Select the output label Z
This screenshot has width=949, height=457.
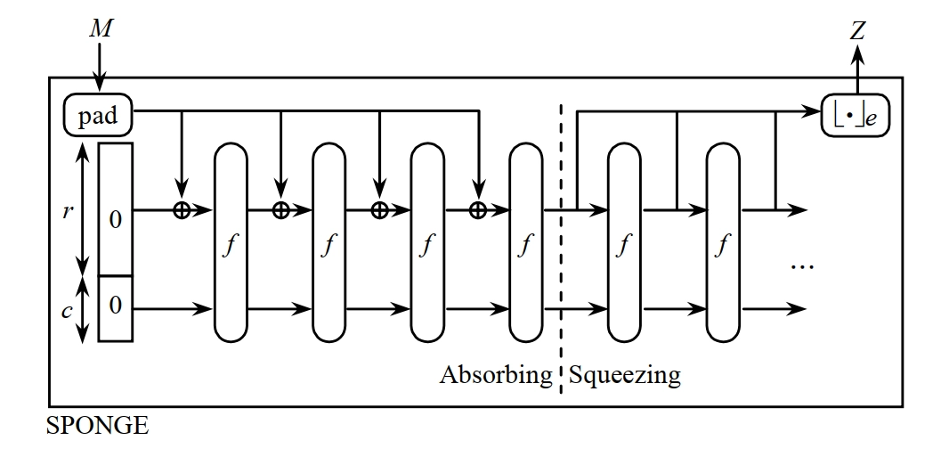point(856,32)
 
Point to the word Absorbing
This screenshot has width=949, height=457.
point(496,375)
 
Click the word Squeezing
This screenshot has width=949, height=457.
point(624,375)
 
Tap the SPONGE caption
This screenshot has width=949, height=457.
point(97,427)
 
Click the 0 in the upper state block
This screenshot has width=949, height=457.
point(115,219)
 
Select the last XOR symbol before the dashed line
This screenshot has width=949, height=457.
point(477,210)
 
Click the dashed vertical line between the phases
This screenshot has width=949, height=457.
point(561,267)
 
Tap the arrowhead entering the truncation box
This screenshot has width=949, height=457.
point(815,113)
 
